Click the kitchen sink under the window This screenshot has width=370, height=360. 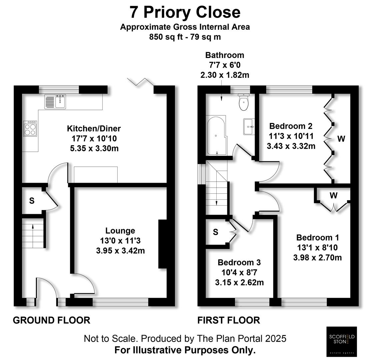[56, 101]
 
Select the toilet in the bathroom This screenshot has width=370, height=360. [244, 102]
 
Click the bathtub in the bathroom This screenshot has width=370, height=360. [217, 136]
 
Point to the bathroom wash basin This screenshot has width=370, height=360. [249, 126]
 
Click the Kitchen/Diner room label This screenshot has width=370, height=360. [94, 128]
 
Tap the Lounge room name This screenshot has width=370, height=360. [120, 231]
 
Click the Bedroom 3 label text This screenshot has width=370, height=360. [239, 263]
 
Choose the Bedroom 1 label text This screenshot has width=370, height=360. [317, 238]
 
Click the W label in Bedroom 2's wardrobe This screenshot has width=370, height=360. [341, 139]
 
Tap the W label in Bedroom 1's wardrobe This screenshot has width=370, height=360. [333, 196]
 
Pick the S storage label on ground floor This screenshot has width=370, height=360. [32, 201]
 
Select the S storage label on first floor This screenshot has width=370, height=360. [216, 232]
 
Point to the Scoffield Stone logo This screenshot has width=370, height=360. [341, 341]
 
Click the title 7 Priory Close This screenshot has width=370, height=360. [185, 13]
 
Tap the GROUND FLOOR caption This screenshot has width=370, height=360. [51, 320]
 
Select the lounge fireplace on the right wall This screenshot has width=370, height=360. [162, 244]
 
